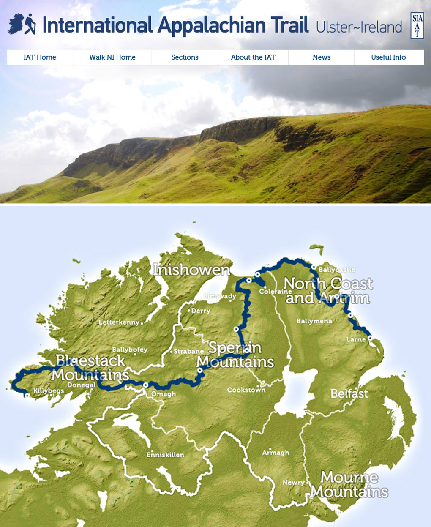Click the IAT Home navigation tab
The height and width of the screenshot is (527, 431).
click(x=40, y=57)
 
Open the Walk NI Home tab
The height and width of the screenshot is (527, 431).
click(x=112, y=57)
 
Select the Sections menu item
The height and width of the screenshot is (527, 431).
click(x=185, y=57)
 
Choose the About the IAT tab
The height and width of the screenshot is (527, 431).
click(x=253, y=57)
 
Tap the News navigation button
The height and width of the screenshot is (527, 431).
click(x=322, y=57)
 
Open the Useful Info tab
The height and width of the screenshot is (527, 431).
click(x=388, y=57)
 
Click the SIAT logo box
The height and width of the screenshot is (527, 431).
click(x=417, y=26)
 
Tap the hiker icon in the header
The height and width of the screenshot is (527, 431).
click(x=30, y=24)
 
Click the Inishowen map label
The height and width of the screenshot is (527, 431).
click(x=191, y=270)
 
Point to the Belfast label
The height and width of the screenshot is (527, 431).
click(x=349, y=393)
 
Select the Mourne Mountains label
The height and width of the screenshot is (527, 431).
click(x=349, y=484)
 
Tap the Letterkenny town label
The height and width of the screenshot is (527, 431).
click(x=119, y=322)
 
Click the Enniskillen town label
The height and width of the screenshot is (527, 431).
click(x=165, y=455)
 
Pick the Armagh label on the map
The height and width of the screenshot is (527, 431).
click(x=276, y=453)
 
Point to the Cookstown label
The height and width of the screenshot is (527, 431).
click(x=246, y=390)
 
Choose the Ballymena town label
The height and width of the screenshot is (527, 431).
click(x=314, y=321)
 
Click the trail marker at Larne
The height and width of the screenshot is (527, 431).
click(x=370, y=338)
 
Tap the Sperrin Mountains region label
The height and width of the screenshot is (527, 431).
click(x=235, y=355)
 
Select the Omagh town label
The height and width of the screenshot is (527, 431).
click(x=164, y=394)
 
